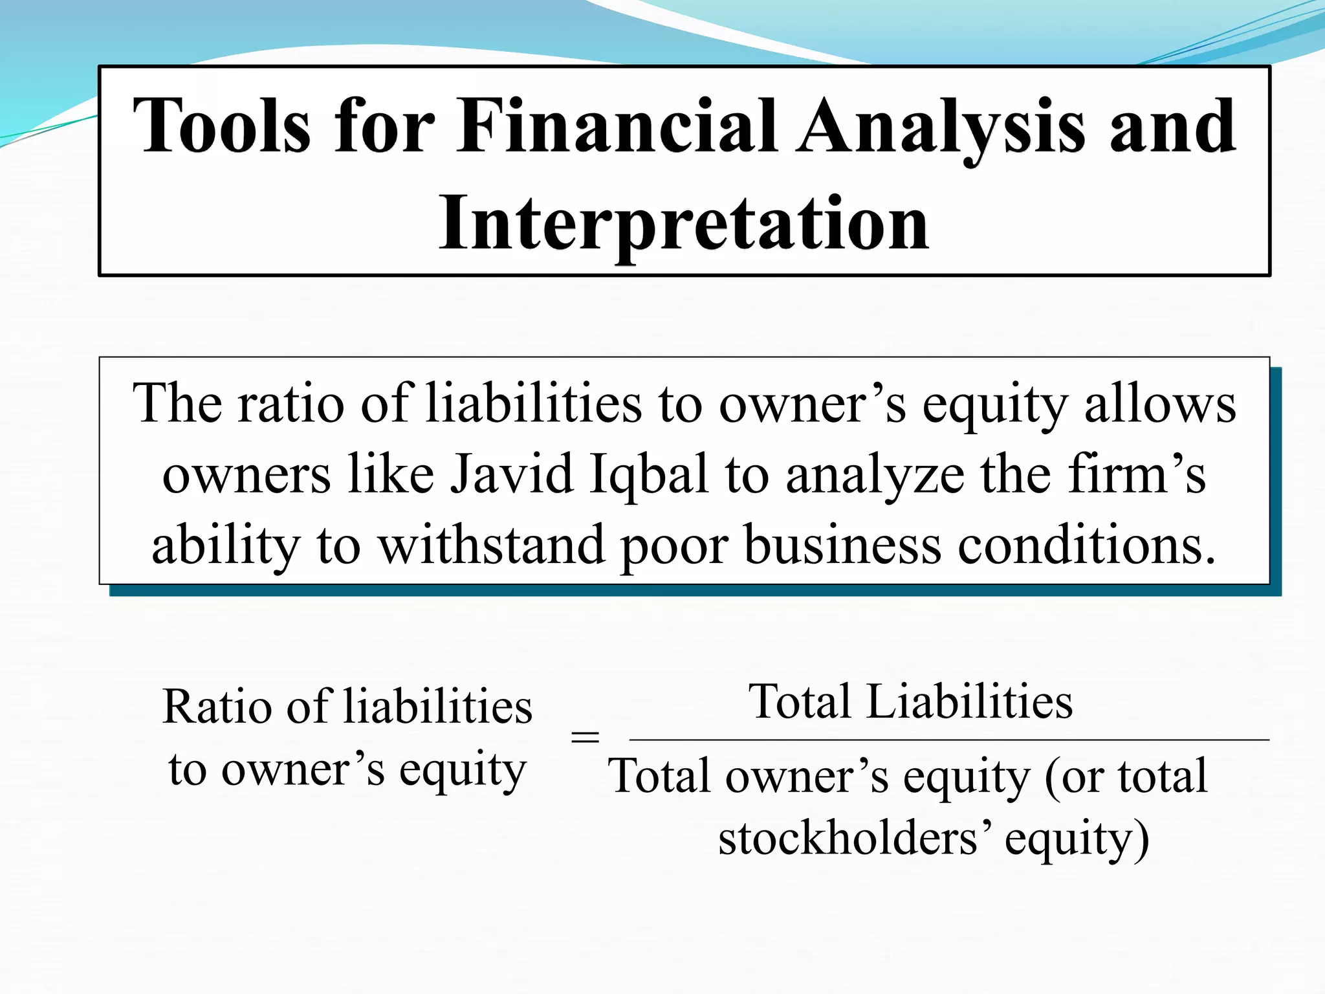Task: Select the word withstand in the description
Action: [491, 545]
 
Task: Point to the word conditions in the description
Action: [1086, 545]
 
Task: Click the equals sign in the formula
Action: [585, 737]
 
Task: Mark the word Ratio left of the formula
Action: [217, 706]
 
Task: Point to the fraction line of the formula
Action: [948, 739]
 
